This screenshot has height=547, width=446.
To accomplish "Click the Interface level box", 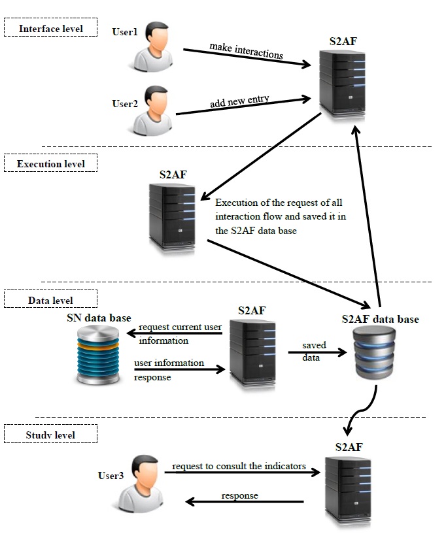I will pos(50,29).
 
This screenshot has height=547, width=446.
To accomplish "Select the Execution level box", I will pos(50,163).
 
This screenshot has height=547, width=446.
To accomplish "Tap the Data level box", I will pos(50,300).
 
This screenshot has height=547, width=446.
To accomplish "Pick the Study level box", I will pos(50,435).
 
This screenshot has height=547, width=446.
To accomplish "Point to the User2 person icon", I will pos(154,111).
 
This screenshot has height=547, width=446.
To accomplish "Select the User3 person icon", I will pos(139,484).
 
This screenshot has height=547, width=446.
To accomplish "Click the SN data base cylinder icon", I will pos(98,357).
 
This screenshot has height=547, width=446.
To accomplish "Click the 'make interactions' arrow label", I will pos(246,50).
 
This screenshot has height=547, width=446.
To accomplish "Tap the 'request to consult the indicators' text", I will pos(239,466).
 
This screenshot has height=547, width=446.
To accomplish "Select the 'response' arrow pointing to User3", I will pos(245,502).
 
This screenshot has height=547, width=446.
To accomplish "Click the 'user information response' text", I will pos(169,369).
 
